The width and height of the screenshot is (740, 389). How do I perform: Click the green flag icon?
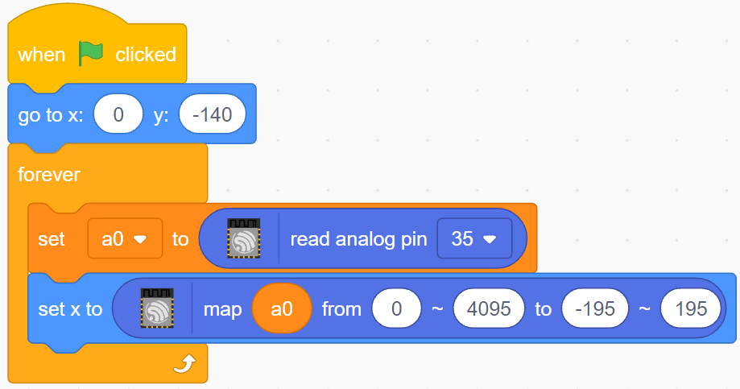pos(90,53)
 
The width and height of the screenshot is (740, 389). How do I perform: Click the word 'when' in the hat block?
pos(42,55)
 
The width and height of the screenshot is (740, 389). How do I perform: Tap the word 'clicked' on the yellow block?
pos(146,55)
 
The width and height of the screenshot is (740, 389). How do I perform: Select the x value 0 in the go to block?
pos(118,114)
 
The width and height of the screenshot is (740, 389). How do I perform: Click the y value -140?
pos(213,114)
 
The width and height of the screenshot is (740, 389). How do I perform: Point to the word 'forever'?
pos(48,175)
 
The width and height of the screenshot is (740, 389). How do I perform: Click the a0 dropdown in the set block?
pos(125,239)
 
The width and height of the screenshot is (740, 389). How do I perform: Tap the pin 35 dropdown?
pos(474,239)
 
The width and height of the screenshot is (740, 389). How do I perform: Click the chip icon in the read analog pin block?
pos(243,238)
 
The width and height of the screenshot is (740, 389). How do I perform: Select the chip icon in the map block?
pos(157,308)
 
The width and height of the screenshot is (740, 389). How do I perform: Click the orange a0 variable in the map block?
pos(282,308)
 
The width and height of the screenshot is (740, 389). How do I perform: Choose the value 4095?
pos(489,308)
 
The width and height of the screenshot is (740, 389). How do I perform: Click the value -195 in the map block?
pos(595,308)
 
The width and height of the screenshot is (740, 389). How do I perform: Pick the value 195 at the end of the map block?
pos(691,308)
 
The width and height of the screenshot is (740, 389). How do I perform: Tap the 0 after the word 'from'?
pos(396,308)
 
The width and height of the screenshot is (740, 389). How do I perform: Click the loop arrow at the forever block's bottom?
pos(184,364)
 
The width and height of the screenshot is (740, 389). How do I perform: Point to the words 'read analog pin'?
pos(358,239)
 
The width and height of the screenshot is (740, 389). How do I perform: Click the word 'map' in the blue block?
pos(222,310)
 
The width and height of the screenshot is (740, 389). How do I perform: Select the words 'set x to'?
pos(70,309)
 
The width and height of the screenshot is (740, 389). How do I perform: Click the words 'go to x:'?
pos(51,115)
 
